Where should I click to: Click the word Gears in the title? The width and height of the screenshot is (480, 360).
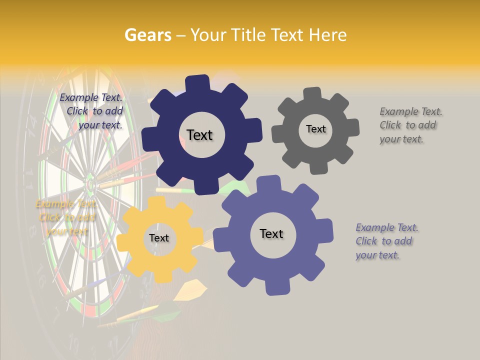click(147, 35)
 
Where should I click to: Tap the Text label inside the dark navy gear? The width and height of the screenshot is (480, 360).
click(199, 135)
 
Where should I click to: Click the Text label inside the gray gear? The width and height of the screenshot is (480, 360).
click(315, 129)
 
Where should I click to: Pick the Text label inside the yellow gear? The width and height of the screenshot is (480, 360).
click(159, 238)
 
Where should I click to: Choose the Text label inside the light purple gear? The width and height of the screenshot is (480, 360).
click(271, 233)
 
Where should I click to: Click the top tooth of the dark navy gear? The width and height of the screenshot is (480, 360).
click(197, 83)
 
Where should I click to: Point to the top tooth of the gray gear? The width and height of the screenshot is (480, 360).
click(313, 93)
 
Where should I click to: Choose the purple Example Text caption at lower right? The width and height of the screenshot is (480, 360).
click(385, 241)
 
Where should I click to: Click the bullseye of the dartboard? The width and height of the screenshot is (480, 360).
click(90, 183)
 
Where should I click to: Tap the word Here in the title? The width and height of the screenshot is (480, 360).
click(327, 35)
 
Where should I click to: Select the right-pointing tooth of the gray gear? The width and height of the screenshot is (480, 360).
click(353, 127)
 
